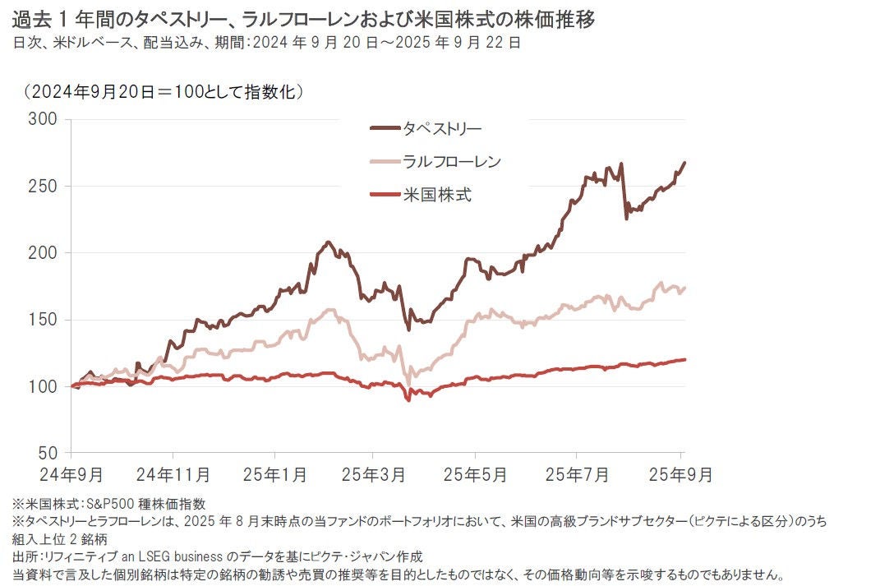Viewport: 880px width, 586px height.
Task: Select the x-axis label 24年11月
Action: (173, 475)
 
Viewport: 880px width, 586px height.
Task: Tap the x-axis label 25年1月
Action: (274, 475)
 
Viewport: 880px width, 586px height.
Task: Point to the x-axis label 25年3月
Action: (374, 475)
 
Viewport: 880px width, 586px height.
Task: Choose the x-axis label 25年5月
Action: (475, 475)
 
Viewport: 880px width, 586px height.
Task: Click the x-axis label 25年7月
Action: (576, 475)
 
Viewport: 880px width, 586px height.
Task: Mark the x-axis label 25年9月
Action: (680, 475)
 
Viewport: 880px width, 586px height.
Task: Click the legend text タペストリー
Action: (442, 128)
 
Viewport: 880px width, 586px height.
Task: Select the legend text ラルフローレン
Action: (451, 161)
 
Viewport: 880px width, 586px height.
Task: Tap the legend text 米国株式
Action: (437, 195)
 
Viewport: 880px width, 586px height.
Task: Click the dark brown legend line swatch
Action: (384, 128)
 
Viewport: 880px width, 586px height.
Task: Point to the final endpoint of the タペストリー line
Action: (684, 163)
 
